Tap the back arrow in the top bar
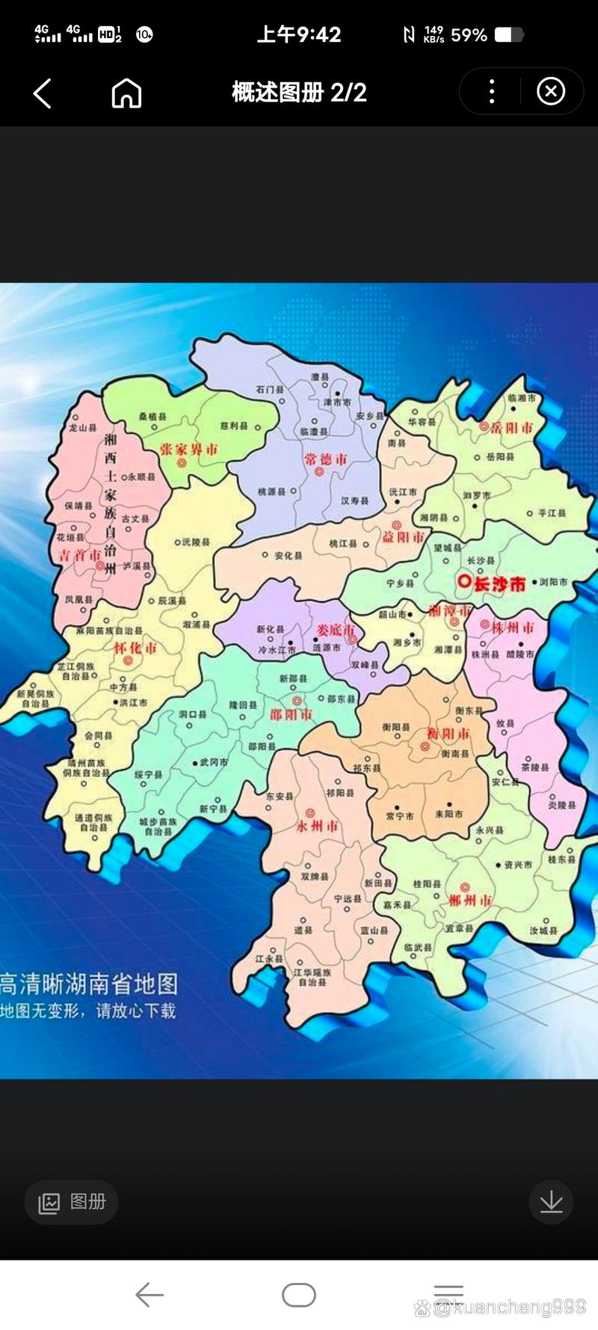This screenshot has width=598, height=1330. coord(43,94)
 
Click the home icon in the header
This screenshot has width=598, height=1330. coord(126,94)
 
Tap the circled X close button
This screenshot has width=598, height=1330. coord(551,92)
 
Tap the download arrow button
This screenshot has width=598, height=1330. coord(551,1202)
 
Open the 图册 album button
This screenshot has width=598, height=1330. coord(72,1202)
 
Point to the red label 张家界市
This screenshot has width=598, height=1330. coord(189,450)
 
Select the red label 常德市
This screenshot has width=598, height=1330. coord(326,459)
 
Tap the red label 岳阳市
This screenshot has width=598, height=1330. coord(512,428)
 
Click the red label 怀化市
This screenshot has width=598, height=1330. coord(135,648)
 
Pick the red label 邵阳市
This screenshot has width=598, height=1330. coord(292,714)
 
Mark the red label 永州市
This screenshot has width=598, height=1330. coord(318,827)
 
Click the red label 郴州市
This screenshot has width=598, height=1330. coord(471,900)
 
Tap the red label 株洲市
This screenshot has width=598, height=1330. coord(514,628)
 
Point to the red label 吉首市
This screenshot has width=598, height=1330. coord(80,555)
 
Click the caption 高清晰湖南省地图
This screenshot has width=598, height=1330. coord(90,984)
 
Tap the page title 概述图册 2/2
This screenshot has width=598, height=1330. coord(299,93)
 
